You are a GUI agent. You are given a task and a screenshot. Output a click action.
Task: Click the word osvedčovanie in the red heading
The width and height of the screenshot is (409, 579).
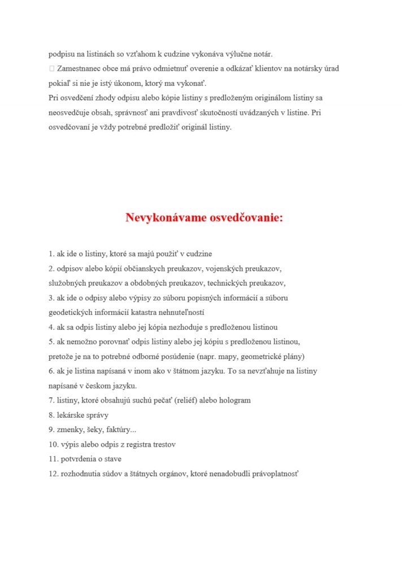coord(246,218)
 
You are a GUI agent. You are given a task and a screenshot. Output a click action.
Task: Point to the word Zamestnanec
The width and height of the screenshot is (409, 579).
coord(77,68)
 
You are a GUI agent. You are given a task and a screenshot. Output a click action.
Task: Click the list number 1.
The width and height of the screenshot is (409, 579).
coord(51,254)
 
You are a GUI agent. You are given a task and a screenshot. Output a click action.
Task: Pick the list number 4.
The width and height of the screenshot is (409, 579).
coord(51,327)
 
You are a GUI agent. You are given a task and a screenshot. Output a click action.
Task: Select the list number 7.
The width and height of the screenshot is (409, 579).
coord(51,400)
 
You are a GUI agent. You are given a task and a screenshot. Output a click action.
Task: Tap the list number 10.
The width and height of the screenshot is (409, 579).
coord(53,444)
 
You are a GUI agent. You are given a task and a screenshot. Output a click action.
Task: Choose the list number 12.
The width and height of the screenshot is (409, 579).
coord(53,473)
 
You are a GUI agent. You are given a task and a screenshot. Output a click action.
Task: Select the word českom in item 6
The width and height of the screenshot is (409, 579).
coord(92,386)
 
